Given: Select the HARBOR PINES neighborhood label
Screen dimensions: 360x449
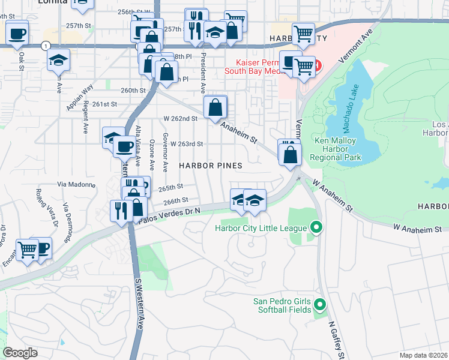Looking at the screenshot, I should coord(210,165).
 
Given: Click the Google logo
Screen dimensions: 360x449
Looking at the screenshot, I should coord(20,353).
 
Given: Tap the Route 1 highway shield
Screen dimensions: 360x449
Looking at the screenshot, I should coord(46,46).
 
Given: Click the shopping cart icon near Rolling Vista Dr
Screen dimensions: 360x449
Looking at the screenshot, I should coord(27,248).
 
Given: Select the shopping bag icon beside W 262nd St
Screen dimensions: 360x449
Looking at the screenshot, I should coord(215,109).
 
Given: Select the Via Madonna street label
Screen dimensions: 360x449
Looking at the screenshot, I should coord(76,184).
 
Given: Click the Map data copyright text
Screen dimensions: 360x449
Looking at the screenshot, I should coord(423,355).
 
